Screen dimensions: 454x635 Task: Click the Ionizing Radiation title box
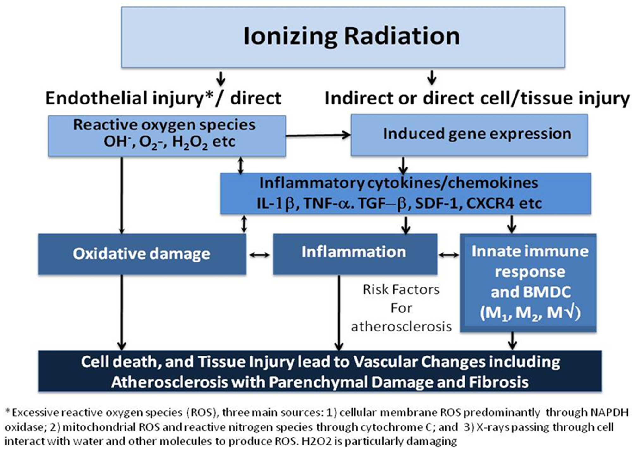tap(343, 37)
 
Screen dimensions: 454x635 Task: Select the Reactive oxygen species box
tap(167, 136)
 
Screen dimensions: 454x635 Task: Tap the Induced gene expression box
tap(469, 135)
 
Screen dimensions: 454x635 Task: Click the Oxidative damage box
tap(142, 254)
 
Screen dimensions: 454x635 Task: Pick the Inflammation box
tap(354, 254)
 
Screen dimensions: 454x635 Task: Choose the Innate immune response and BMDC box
tap(528, 282)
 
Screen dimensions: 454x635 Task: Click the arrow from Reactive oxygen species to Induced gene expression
tap(318, 136)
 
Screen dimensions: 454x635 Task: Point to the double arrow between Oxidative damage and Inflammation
tap(259, 255)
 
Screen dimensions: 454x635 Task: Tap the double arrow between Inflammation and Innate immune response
tap(448, 255)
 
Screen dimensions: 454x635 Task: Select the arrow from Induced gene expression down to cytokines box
tap(403, 165)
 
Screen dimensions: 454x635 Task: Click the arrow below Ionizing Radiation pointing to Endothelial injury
tap(221, 78)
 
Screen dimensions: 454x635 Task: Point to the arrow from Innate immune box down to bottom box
tap(512, 341)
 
